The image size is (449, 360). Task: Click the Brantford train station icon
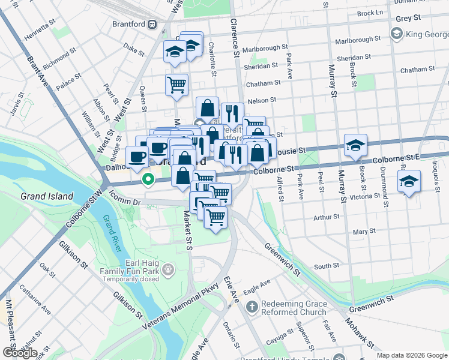pos(152,25)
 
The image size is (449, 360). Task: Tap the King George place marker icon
pos(396,34)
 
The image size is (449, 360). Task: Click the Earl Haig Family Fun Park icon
pos(169,269)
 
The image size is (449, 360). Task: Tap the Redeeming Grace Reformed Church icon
pos(252,307)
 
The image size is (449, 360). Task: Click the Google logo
pos(19,352)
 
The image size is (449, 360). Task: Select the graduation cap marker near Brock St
pos(355,145)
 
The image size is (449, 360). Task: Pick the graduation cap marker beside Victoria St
pos(409,181)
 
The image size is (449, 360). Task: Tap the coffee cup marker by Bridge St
pos(137,157)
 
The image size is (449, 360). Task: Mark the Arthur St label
pos(326,217)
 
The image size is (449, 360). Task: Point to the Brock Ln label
pos(369,13)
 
